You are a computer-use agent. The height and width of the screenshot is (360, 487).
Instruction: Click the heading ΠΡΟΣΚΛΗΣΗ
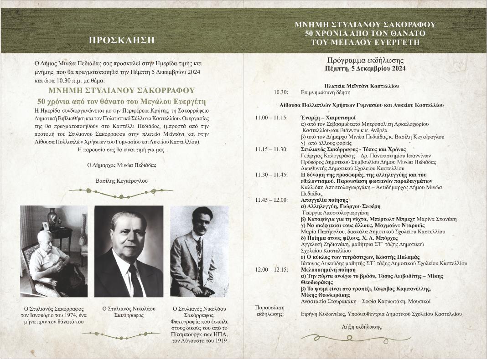tap(122, 40)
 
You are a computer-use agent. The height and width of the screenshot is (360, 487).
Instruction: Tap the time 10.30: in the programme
tap(281, 92)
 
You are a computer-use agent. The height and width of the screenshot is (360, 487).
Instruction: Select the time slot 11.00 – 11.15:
tap(271, 118)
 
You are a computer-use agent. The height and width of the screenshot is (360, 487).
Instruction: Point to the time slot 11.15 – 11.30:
tap(271, 149)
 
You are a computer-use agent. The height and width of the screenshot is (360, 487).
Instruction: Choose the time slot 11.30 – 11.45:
tap(271, 175)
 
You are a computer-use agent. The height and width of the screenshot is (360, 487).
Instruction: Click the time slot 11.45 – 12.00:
tap(271, 200)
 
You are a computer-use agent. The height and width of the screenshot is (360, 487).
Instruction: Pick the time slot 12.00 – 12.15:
tap(271, 270)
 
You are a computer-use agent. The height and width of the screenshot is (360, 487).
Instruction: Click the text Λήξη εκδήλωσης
tap(362, 327)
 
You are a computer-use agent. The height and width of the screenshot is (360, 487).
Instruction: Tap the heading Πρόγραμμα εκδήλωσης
tap(365, 61)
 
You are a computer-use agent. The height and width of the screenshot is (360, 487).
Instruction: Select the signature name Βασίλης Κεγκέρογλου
tap(122, 181)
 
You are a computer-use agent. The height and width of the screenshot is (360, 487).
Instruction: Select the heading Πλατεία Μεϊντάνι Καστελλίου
tap(361, 86)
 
